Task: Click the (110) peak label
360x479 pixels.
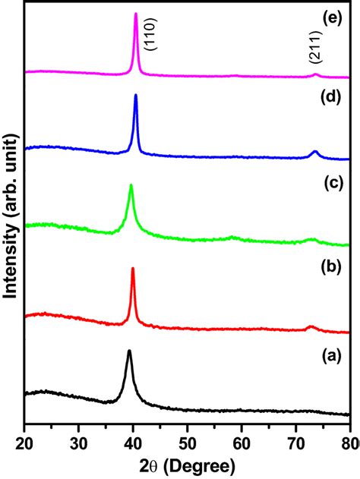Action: [x=152, y=35]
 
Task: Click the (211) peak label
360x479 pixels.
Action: [x=314, y=47]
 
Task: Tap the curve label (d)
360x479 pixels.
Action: [x=332, y=98]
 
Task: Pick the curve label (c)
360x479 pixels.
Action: [x=332, y=182]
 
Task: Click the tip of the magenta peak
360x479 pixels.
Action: [x=136, y=14]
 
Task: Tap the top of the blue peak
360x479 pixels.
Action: [x=136, y=95]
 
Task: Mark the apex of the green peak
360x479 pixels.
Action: [x=131, y=184]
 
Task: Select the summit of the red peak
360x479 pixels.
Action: [x=133, y=268]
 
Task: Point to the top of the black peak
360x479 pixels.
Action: [x=129, y=351]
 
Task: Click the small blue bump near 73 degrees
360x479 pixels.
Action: [x=315, y=152]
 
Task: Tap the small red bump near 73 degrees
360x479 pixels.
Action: [x=311, y=327]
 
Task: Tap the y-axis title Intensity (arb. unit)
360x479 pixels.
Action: [x=11, y=216]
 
